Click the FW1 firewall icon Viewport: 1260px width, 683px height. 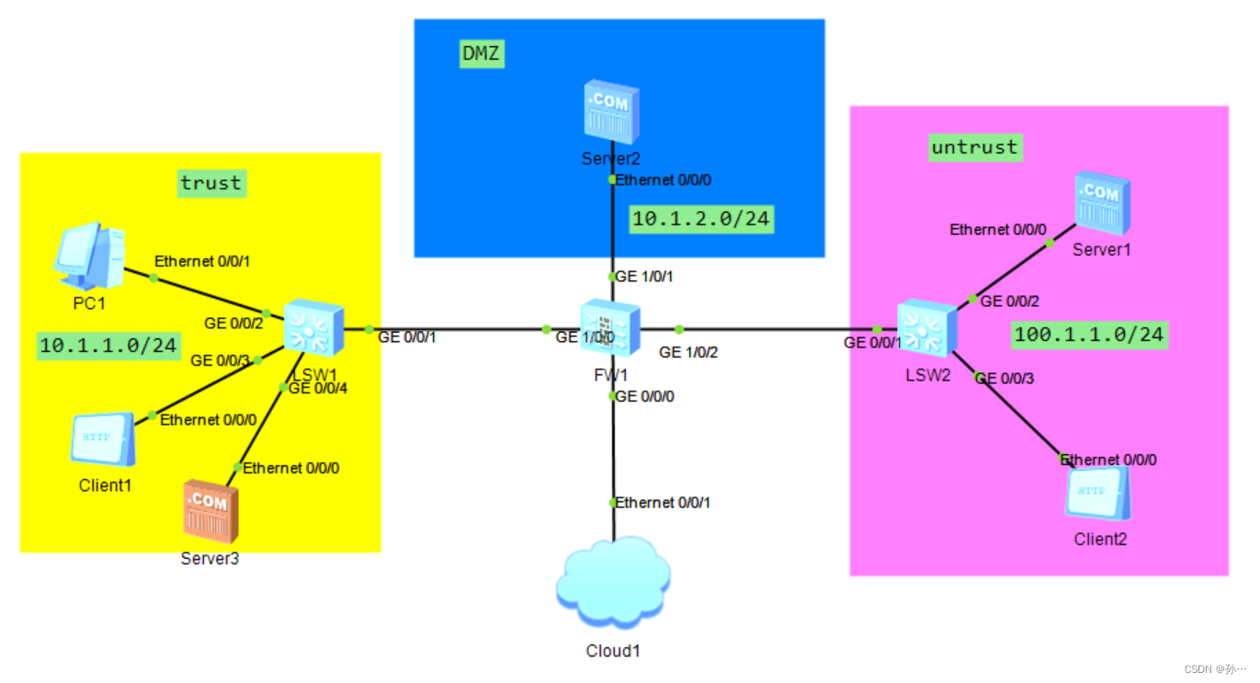tap(610, 328)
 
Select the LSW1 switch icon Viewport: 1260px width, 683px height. tap(313, 328)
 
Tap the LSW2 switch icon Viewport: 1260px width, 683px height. tap(926, 328)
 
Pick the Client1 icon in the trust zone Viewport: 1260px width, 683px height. tap(103, 440)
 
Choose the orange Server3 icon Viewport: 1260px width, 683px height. tap(210, 510)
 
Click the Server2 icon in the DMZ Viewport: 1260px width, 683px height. tap(611, 113)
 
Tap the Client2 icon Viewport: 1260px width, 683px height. tap(1097, 494)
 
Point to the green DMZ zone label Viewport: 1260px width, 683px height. tap(482, 54)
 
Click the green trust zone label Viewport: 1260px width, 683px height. tap(211, 183)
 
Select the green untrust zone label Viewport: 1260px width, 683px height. tap(974, 147)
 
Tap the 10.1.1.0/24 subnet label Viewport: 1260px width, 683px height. tap(108, 345)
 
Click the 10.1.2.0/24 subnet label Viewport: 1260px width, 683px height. tap(700, 219)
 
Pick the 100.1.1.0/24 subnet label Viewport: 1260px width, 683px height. tap(1089, 335)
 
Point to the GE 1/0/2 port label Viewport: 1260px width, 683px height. tap(688, 351)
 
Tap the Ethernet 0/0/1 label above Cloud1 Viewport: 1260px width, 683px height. tap(663, 502)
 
